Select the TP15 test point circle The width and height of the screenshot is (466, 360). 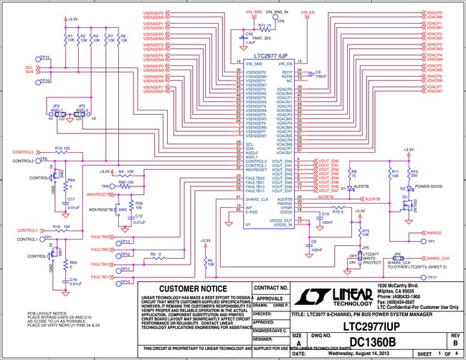[36, 57]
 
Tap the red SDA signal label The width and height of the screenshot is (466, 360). [29, 72]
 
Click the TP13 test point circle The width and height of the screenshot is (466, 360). [118, 239]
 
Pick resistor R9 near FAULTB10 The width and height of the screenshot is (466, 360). [154, 257]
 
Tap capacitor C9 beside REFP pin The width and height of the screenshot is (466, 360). [309, 72]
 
